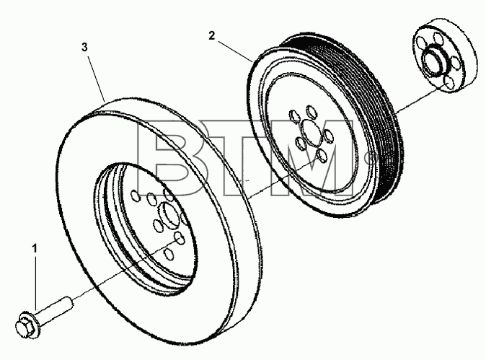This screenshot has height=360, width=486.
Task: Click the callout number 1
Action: (35, 249)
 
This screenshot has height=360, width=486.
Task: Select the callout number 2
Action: (212, 36)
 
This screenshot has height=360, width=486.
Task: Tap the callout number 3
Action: (84, 48)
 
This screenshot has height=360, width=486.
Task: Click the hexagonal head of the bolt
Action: (22, 326)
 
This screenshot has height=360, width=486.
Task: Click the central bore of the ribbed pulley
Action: (310, 133)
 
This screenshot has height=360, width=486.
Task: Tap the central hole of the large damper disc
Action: (168, 214)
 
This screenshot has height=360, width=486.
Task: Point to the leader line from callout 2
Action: (234, 51)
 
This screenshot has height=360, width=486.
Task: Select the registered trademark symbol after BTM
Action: (369, 159)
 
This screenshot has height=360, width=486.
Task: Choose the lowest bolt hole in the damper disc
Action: (169, 254)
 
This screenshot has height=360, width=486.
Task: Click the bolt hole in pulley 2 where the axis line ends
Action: (322, 155)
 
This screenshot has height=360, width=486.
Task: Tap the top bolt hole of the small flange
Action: (438, 38)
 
